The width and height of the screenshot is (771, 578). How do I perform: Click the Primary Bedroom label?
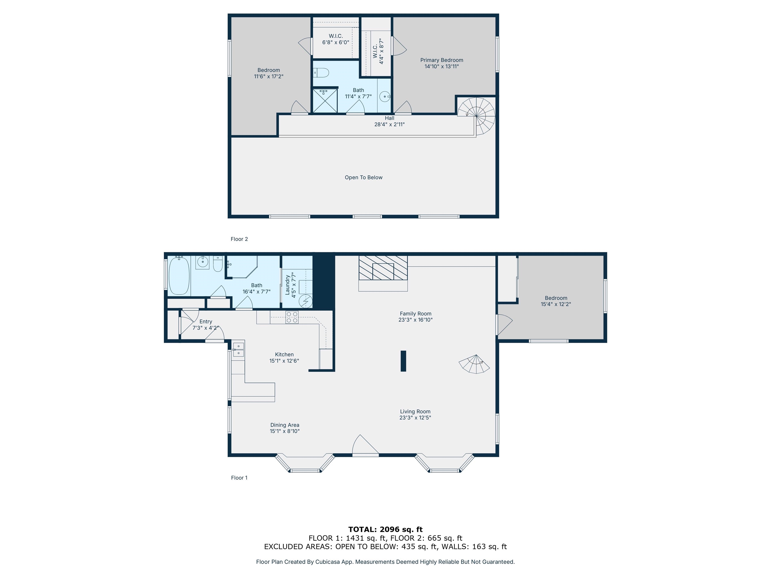point(442,60)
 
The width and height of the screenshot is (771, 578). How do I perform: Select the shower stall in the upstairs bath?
point(325,101)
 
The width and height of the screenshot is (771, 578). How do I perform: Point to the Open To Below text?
point(364,177)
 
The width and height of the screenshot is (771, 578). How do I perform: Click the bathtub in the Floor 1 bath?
point(179,276)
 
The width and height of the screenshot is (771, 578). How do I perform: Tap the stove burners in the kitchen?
point(292,317)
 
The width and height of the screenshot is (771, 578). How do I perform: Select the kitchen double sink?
point(238,349)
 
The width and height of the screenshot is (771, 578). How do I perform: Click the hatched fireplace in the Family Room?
point(383,268)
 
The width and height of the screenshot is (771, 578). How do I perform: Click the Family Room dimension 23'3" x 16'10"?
point(415,320)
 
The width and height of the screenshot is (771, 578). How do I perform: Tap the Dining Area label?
point(285,425)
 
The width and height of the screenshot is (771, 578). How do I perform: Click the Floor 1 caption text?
point(239,478)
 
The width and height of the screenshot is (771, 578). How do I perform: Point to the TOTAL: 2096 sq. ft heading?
point(385,530)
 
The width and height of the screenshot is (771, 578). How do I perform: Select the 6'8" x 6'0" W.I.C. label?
point(336,42)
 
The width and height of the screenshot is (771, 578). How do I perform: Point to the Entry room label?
point(206,322)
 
